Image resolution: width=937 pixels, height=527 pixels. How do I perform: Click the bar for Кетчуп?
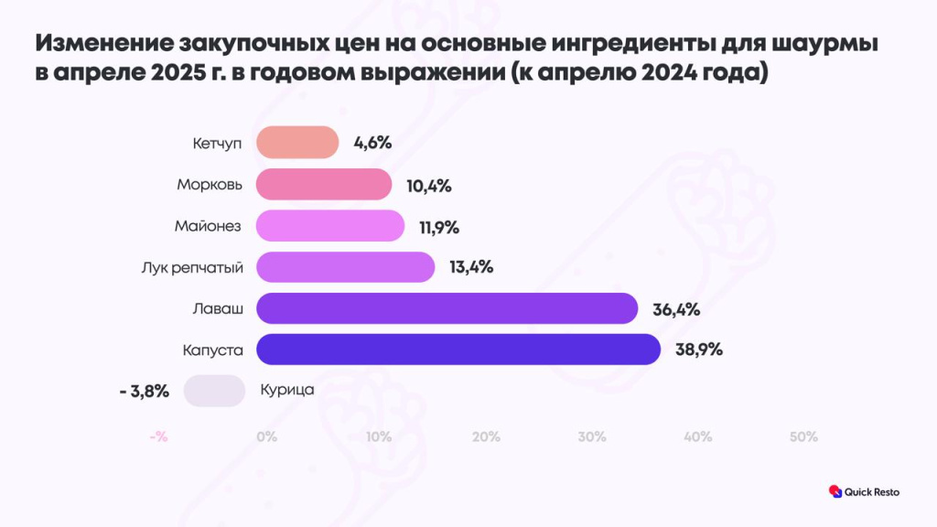297,143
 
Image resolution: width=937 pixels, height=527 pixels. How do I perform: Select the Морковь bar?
324,185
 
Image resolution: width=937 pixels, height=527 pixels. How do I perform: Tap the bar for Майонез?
330,226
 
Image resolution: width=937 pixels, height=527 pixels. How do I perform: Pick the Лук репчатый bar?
345,267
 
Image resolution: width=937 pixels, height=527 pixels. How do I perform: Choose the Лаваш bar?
447,308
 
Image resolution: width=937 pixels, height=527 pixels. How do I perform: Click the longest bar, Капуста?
458,350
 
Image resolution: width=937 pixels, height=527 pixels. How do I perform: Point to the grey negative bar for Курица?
214,391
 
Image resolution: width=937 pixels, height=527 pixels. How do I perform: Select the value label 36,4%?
675,309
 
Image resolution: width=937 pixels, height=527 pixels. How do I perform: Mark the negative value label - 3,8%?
144,392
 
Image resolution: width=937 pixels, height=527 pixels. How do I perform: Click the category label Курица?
287,391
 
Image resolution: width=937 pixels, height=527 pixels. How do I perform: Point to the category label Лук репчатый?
192,267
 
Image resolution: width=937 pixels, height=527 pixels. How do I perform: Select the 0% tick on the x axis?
266,437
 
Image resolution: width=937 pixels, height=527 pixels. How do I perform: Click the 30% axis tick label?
592,437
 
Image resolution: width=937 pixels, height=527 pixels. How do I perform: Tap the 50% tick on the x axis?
802,437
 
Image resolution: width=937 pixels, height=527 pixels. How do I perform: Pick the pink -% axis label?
158,437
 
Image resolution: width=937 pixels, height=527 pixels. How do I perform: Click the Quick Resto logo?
864,491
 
